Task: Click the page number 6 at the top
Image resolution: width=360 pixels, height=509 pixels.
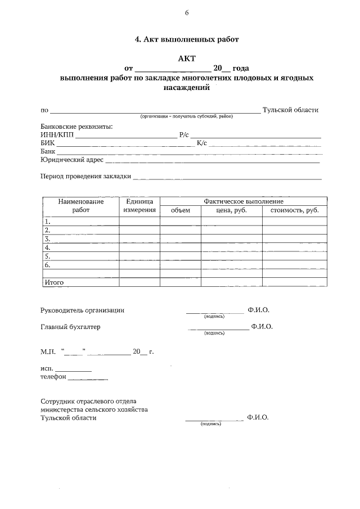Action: pos(186,13)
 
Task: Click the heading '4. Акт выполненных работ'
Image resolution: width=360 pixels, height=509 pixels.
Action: pos(187,40)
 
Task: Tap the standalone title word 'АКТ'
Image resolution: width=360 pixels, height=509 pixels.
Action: pos(186,58)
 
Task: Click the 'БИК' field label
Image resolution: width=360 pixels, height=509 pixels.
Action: pos(48,143)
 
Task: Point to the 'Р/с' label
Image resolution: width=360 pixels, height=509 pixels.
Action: pos(184,135)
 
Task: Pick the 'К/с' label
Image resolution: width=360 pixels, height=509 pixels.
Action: pos(201,143)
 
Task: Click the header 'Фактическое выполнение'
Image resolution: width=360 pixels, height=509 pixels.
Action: pos(244,201)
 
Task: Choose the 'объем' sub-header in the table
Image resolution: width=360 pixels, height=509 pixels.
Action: pos(180,210)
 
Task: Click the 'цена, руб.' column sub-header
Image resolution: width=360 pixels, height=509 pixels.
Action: pos(231,210)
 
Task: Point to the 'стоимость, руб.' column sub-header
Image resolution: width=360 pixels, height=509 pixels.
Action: pos(294,210)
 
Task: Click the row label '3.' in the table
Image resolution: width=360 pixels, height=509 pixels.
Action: pos(48,238)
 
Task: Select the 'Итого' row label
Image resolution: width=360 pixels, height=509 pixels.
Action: pos(54,282)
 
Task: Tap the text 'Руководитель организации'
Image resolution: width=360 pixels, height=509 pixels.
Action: pos(82,310)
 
